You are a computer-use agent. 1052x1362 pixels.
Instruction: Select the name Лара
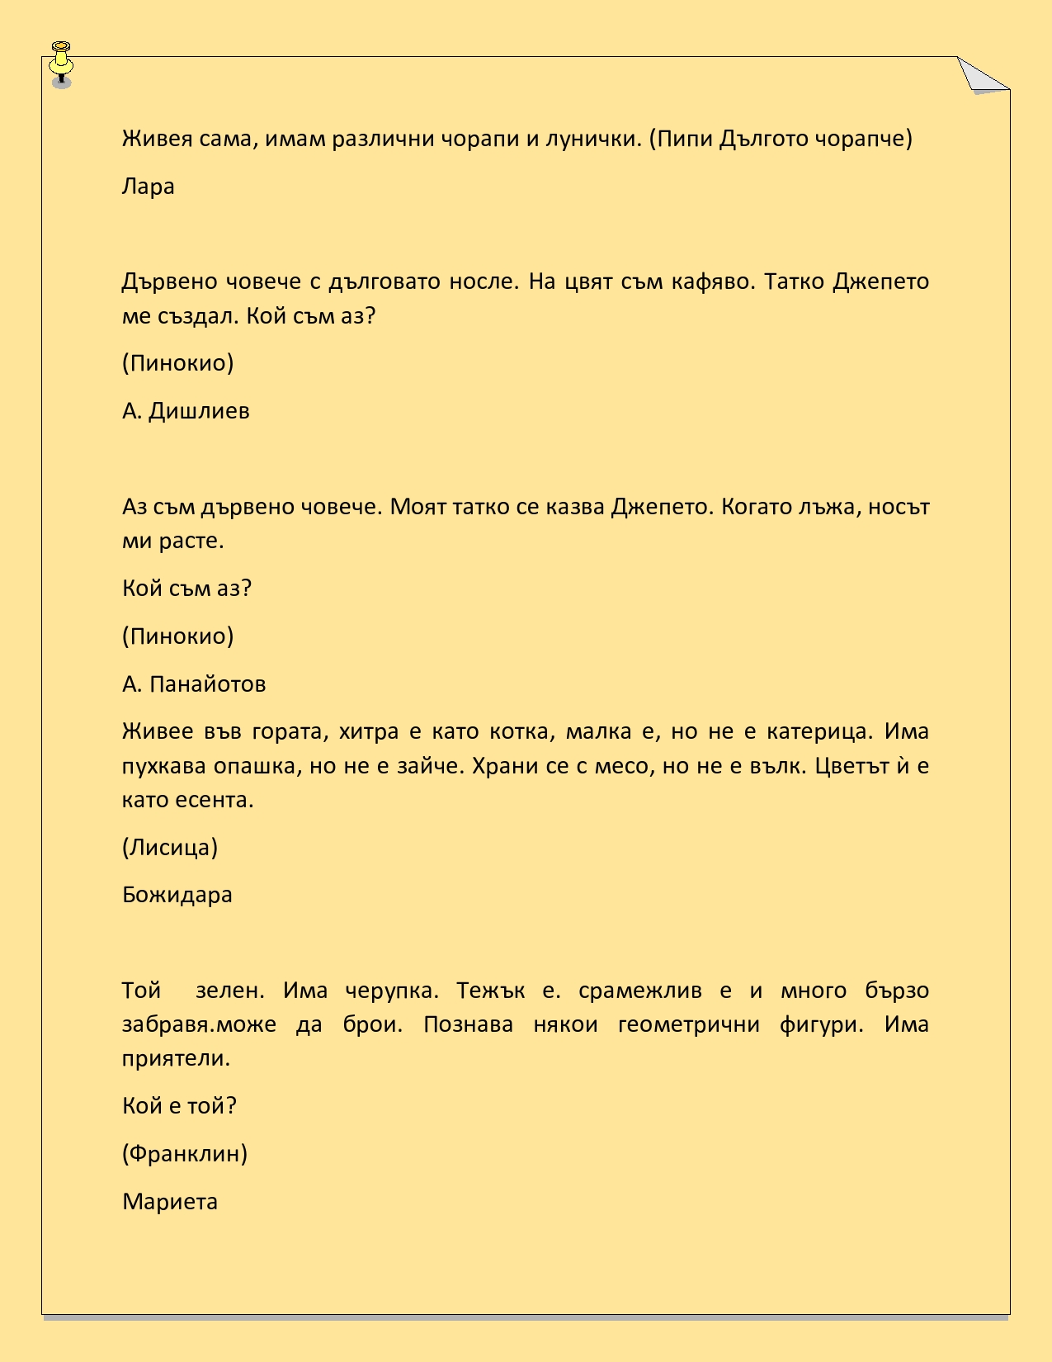pos(149,187)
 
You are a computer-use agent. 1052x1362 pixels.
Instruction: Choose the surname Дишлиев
pos(199,411)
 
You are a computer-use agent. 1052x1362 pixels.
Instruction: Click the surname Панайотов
pos(208,684)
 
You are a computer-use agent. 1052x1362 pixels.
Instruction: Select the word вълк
pos(776,766)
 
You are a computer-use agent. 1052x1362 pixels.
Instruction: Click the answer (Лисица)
pos(170,848)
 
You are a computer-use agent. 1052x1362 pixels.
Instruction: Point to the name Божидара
pos(177,895)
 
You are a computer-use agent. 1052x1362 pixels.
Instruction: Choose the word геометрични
pos(688,1024)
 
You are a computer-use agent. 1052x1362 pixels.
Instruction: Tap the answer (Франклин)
pos(185,1153)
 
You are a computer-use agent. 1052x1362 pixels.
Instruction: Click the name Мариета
pos(170,1201)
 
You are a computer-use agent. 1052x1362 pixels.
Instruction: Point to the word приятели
pos(176,1058)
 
